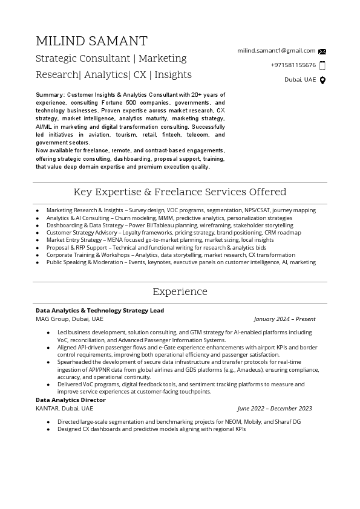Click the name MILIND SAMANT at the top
(x=91, y=41)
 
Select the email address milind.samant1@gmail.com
(x=277, y=51)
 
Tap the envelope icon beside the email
(x=322, y=51)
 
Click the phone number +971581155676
(x=293, y=65)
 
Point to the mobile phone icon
(x=322, y=65)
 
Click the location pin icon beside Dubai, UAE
(x=322, y=80)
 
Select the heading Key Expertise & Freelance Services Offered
(x=180, y=192)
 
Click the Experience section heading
(x=180, y=291)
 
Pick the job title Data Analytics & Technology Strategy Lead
(x=100, y=311)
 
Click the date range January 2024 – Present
(x=284, y=319)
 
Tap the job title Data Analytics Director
(x=71, y=400)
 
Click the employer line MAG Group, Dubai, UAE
(x=70, y=319)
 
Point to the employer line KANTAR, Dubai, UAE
(x=65, y=409)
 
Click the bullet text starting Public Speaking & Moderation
(x=181, y=262)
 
